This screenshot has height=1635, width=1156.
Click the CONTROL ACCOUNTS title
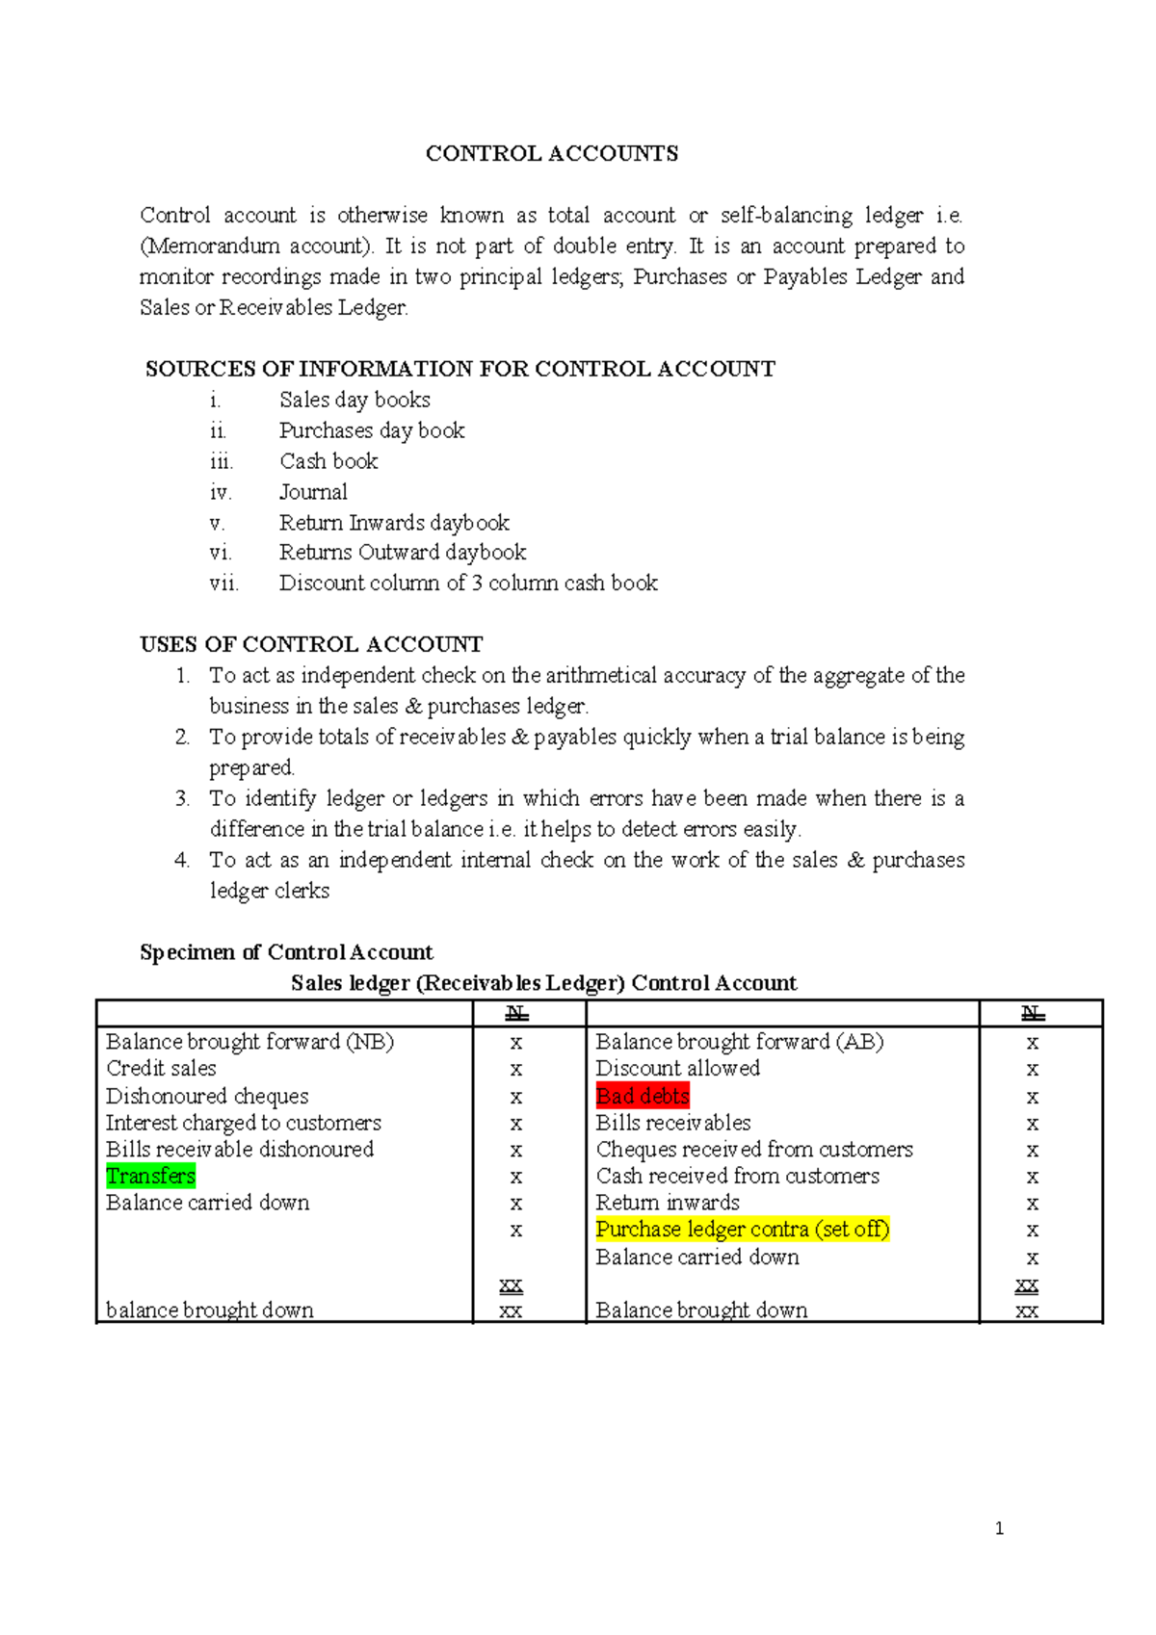(552, 154)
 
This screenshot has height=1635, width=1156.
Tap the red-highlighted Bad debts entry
(643, 1096)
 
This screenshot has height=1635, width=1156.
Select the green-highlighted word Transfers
(150, 1176)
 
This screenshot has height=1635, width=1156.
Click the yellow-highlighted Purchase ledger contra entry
(742, 1230)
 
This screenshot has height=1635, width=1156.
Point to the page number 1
(999, 1528)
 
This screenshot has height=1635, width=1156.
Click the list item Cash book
(328, 461)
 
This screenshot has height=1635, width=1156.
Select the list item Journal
(313, 492)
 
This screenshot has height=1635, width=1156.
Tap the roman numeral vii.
(223, 584)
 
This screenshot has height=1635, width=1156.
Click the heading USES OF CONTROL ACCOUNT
(311, 644)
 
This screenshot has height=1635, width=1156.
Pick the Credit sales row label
(161, 1069)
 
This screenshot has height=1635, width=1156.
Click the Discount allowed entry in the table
(677, 1069)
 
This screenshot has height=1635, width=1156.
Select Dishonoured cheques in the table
(207, 1096)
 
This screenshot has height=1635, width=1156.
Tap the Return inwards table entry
(668, 1203)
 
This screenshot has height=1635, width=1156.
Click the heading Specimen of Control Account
(286, 952)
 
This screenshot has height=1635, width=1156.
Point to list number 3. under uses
(182, 798)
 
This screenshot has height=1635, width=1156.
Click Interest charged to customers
(243, 1123)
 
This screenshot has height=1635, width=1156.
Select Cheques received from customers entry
(754, 1150)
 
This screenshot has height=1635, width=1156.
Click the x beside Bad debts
(1032, 1097)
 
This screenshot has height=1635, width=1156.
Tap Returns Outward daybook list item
(403, 553)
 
